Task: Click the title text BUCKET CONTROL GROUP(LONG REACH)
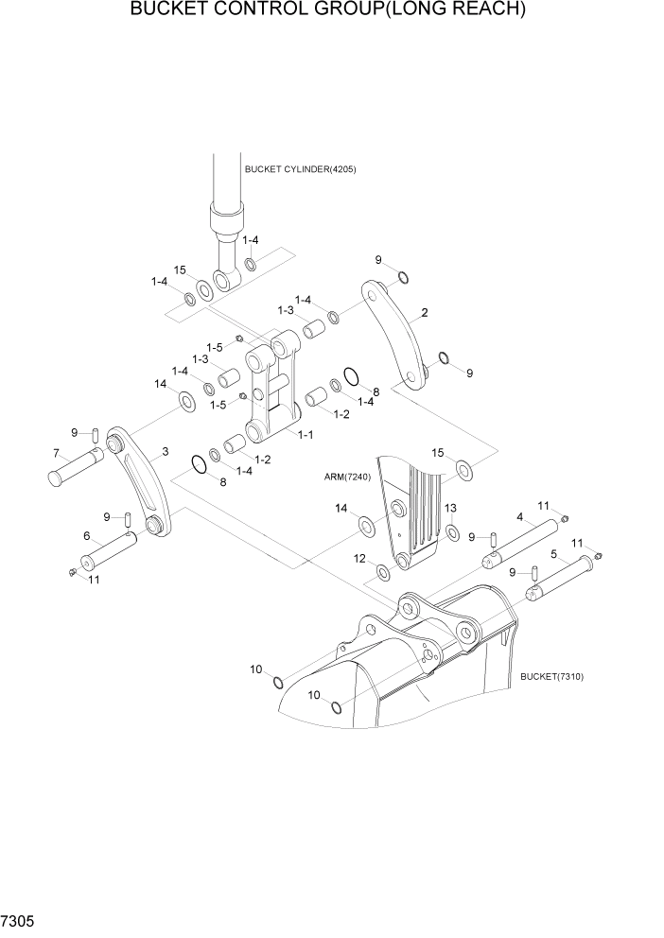point(327,11)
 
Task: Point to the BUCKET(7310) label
point(551,677)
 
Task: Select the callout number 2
point(425,312)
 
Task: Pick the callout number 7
point(56,452)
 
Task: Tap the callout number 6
point(87,536)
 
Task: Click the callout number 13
point(451,508)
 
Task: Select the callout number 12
point(358,558)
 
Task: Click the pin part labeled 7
point(75,468)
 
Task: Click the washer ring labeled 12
point(382,573)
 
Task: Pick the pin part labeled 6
point(108,552)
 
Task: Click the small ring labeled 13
point(452,530)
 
